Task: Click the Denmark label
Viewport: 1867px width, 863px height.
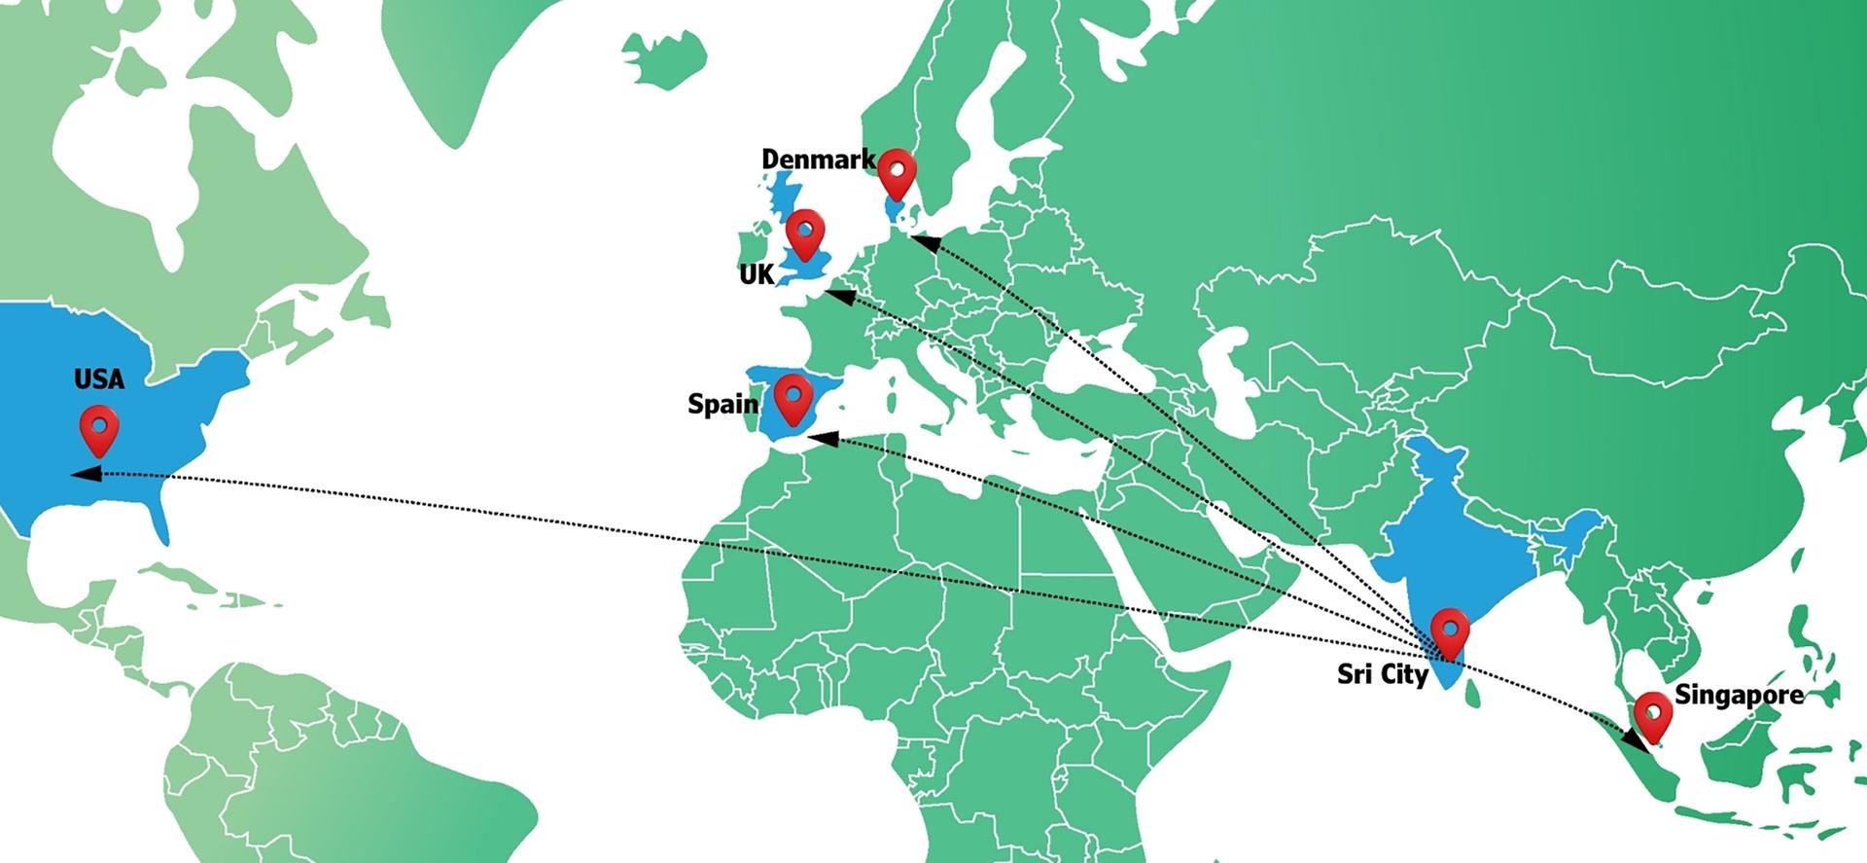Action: click(x=817, y=159)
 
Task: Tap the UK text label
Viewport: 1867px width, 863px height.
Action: click(x=757, y=274)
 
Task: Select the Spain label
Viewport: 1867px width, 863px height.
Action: click(x=722, y=403)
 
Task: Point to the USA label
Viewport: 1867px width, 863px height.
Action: click(x=99, y=378)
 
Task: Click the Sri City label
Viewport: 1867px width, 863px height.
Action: click(x=1382, y=673)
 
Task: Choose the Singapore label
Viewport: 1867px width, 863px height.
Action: click(x=1739, y=695)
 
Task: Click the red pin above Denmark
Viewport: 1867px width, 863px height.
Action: click(x=897, y=173)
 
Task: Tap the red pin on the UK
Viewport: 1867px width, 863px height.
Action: click(x=805, y=232)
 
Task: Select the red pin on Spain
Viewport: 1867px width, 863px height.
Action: click(x=793, y=397)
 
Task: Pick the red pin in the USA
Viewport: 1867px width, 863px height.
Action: click(x=99, y=428)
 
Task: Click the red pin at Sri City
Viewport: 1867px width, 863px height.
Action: click(x=1450, y=631)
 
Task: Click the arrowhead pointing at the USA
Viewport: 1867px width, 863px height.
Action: click(x=86, y=474)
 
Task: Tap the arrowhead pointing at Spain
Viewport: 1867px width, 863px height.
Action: click(x=822, y=440)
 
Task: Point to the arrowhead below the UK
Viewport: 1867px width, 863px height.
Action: click(x=839, y=293)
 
